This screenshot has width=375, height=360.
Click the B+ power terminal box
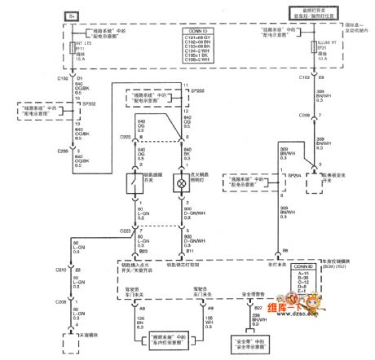[71, 15]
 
